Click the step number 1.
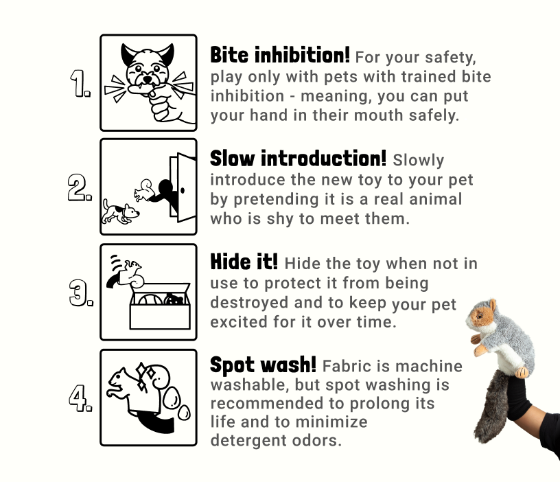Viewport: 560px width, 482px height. click(x=80, y=84)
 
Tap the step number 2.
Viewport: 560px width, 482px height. click(x=80, y=187)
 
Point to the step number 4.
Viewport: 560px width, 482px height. click(x=80, y=398)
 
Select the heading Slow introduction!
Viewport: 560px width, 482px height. click(x=298, y=159)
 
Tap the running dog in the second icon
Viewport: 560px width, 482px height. click(x=121, y=211)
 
